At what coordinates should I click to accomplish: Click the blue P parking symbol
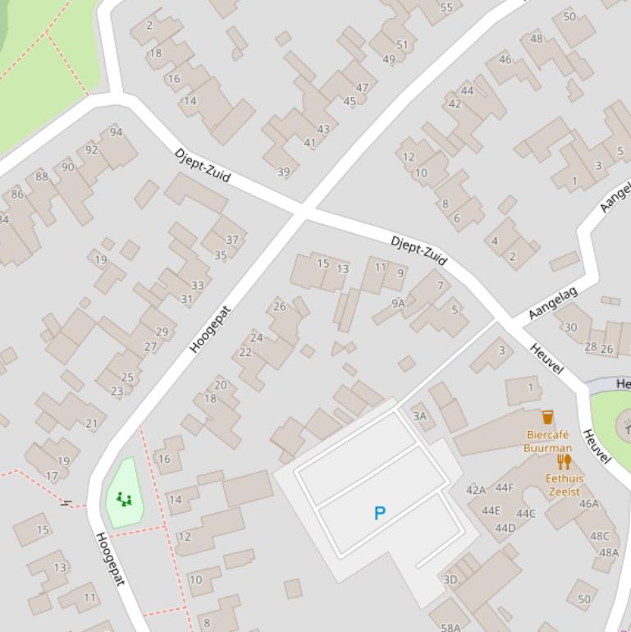coord(379,514)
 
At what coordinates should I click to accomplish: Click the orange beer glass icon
coord(547,417)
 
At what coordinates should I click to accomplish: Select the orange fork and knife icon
coord(564,461)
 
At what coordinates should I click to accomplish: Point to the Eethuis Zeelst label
coord(564,485)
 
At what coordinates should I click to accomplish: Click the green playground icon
coord(124,498)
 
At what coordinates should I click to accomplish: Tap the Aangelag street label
coord(553,303)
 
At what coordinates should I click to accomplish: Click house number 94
coord(116,132)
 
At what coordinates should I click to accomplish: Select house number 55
coord(446,8)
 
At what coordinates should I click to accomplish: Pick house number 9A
coord(398,303)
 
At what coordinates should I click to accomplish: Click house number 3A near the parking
coord(419,416)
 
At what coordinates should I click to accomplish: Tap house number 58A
coord(450,628)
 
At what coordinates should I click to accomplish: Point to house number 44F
coord(505,488)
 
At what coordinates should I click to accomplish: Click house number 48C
coord(600,536)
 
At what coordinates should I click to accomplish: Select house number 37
coord(231,240)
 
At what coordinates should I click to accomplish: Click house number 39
coord(283,172)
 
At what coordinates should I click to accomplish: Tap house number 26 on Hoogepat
coord(279,307)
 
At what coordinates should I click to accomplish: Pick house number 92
coord(91,149)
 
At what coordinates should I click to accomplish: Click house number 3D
coord(450,579)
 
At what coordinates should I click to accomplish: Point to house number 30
coord(570,327)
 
